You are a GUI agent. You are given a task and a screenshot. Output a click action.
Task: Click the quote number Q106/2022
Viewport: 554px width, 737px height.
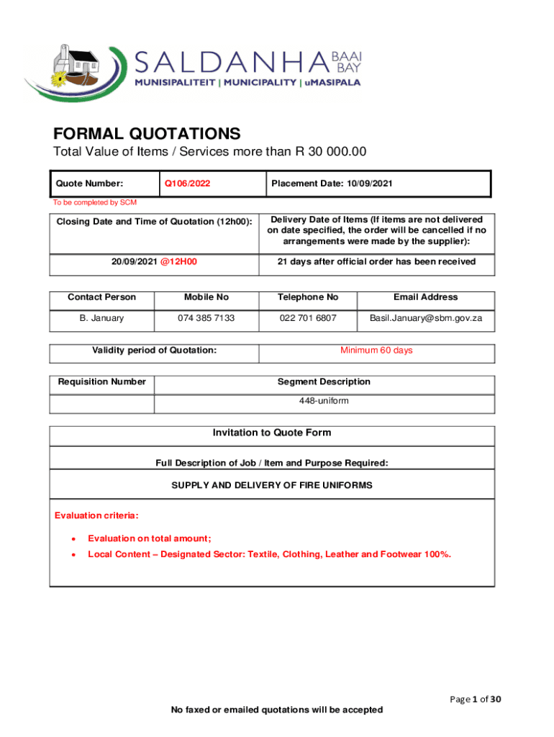[x=187, y=184]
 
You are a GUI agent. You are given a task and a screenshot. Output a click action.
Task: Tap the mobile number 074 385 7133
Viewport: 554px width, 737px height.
[x=206, y=317]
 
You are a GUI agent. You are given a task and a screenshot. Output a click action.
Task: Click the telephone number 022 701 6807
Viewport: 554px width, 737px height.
[x=308, y=317]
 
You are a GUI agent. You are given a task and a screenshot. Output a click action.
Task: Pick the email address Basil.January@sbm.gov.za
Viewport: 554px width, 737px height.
[x=426, y=317]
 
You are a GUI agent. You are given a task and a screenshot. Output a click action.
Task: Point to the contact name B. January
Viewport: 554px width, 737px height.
[x=101, y=317]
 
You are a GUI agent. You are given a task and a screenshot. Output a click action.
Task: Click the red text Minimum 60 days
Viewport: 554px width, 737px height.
[x=376, y=351]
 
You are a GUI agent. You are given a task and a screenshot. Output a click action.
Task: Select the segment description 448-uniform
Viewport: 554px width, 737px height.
[x=324, y=400]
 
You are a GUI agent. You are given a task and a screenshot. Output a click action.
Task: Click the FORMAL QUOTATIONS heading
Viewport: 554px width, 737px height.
[x=147, y=134]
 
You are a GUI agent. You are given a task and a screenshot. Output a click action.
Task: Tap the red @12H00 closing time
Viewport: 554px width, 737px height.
[x=179, y=261]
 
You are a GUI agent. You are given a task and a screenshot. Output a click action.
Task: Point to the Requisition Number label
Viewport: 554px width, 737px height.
[x=101, y=381]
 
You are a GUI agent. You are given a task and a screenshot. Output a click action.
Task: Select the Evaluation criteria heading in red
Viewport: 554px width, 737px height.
[x=96, y=515]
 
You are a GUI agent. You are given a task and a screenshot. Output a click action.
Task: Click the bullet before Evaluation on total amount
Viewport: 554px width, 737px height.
[x=71, y=538]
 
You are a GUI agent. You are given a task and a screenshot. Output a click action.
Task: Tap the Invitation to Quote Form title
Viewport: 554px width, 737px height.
[x=271, y=433]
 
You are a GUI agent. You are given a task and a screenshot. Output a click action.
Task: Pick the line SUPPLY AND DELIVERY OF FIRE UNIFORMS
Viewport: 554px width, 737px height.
[x=271, y=485]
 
